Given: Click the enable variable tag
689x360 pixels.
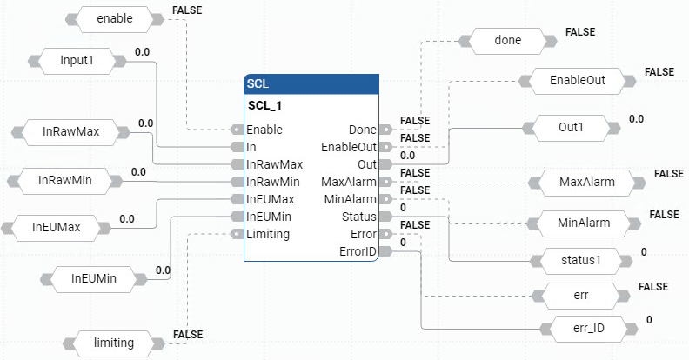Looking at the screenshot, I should (109, 17).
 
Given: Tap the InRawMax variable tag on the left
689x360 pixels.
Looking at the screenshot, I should (70, 132).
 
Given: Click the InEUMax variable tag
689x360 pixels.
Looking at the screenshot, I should (57, 227).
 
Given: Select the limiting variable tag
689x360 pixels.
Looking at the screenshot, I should (113, 343).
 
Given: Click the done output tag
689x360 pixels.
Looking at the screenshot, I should (507, 40).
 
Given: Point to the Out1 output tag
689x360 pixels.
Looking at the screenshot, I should (572, 128).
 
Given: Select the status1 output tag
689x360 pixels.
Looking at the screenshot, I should (575, 259).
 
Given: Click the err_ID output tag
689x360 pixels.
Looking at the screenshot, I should (581, 329).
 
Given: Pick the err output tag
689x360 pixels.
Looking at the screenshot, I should (581, 295).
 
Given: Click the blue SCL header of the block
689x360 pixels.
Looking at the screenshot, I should (311, 83).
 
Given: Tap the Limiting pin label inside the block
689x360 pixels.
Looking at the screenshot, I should (268, 234).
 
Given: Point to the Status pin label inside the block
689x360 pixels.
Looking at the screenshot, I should (359, 217).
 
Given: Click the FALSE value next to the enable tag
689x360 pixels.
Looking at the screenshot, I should (186, 11).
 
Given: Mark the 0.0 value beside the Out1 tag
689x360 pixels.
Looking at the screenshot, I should (636, 118).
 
